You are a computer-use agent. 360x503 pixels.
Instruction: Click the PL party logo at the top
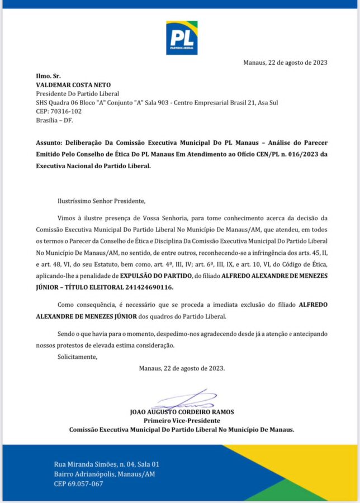click(x=182, y=37)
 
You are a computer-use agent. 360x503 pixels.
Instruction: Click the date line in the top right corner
click(x=285, y=62)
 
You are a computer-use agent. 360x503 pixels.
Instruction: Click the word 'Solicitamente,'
click(x=77, y=357)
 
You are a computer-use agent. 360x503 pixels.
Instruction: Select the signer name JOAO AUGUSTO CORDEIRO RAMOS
click(x=182, y=412)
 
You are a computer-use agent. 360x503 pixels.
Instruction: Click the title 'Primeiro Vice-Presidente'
click(x=182, y=420)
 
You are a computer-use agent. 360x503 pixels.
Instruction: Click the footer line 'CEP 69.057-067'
click(x=78, y=484)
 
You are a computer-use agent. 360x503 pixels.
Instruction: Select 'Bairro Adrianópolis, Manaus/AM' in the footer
click(x=105, y=474)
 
